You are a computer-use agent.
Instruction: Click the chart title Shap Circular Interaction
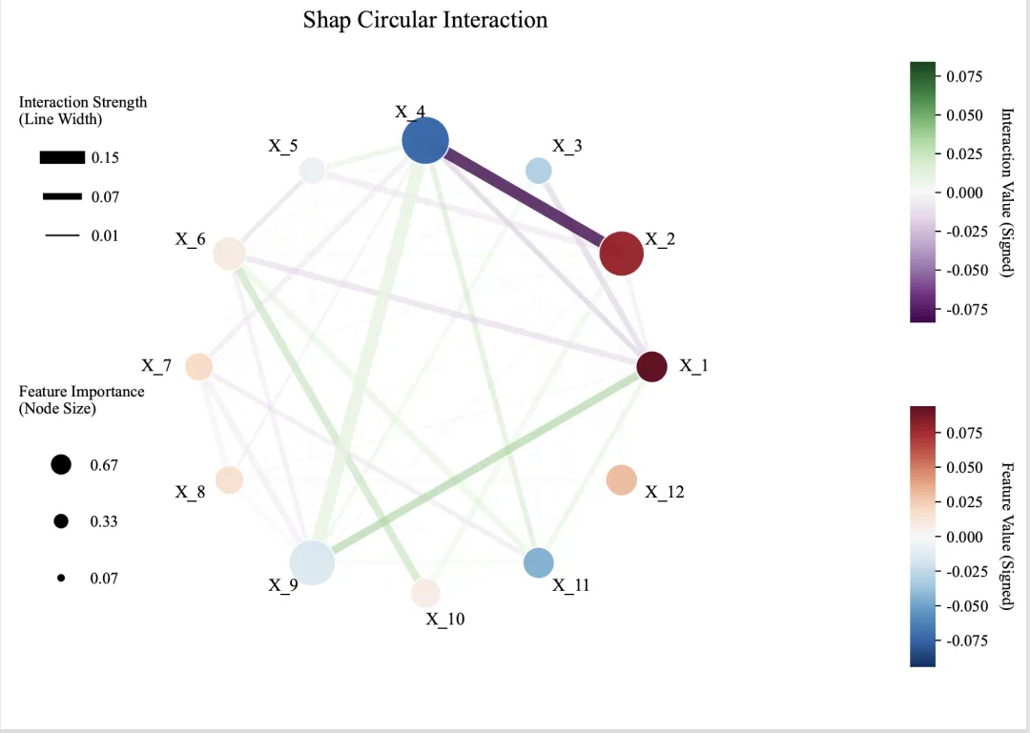tap(425, 20)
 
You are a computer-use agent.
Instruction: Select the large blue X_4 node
tap(425, 142)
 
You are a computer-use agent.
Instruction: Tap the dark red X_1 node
tap(651, 367)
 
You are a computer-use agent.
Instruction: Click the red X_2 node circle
tap(622, 254)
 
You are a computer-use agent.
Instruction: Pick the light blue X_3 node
tap(539, 171)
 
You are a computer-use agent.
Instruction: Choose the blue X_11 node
tap(539, 563)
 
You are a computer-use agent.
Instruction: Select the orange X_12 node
tap(621, 480)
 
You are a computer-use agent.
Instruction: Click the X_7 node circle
tap(198, 367)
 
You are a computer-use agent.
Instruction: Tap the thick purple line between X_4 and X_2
tap(524, 197)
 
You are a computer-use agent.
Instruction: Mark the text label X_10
tap(444, 620)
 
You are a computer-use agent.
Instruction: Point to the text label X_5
tap(282, 146)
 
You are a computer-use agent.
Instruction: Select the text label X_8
tap(190, 493)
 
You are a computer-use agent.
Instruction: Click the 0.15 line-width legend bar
tap(63, 157)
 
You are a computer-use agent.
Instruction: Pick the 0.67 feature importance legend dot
tap(61, 465)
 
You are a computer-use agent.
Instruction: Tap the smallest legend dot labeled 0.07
tap(61, 578)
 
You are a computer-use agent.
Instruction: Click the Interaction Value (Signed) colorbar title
tap(1007, 192)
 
